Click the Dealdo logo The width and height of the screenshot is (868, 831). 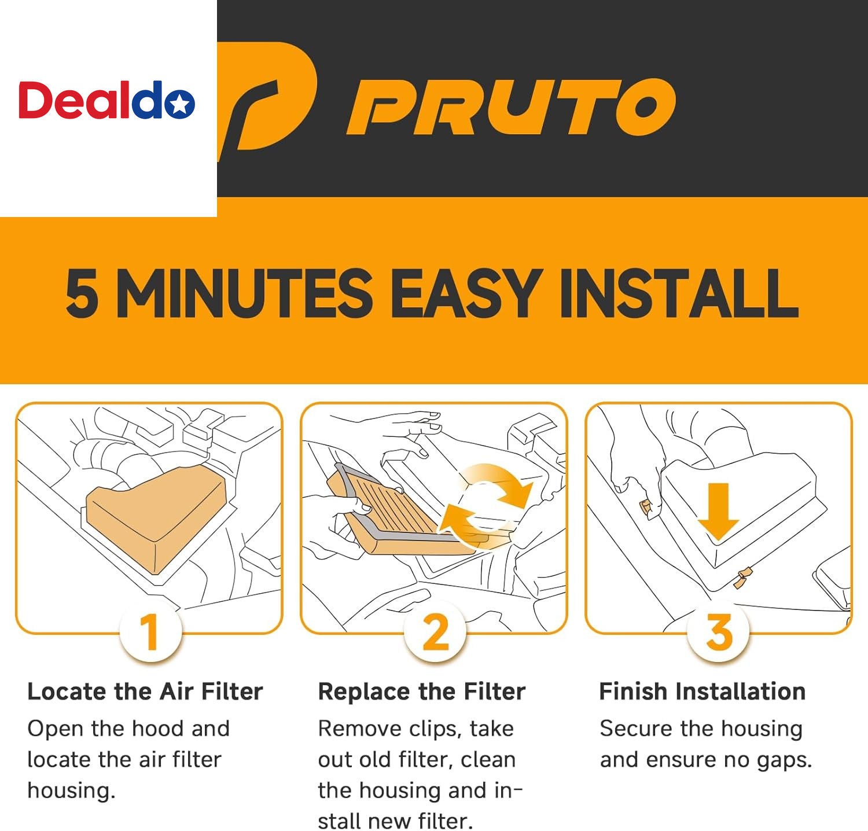[x=106, y=100]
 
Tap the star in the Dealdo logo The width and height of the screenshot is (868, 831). [x=180, y=104]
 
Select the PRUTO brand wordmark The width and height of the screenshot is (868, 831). [x=511, y=107]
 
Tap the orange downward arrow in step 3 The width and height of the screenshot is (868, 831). [x=718, y=510]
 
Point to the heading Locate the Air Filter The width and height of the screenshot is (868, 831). [x=145, y=692]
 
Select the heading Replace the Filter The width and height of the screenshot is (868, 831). [x=422, y=692]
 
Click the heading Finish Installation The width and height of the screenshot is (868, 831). [x=703, y=692]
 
